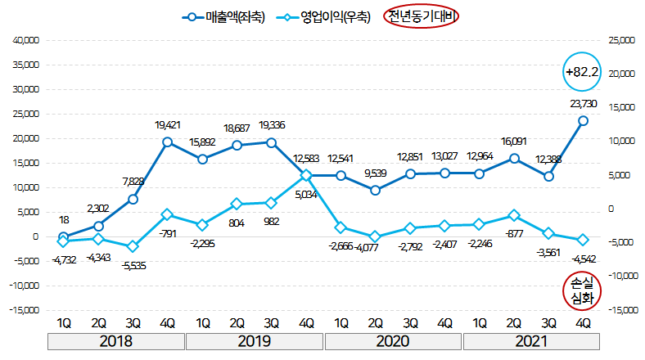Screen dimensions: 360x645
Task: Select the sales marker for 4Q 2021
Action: point(584,120)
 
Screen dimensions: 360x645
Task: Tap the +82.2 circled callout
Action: point(583,73)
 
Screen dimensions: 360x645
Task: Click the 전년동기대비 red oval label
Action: point(422,16)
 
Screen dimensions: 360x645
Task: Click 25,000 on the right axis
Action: point(622,40)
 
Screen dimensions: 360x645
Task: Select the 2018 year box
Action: point(115,341)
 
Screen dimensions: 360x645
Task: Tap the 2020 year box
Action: point(394,341)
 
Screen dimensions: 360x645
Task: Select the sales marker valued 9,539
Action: point(375,191)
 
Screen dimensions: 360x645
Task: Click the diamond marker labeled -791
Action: point(167,215)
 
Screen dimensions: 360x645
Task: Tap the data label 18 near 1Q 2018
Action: point(63,219)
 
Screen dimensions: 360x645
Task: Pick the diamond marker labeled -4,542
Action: point(584,240)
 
